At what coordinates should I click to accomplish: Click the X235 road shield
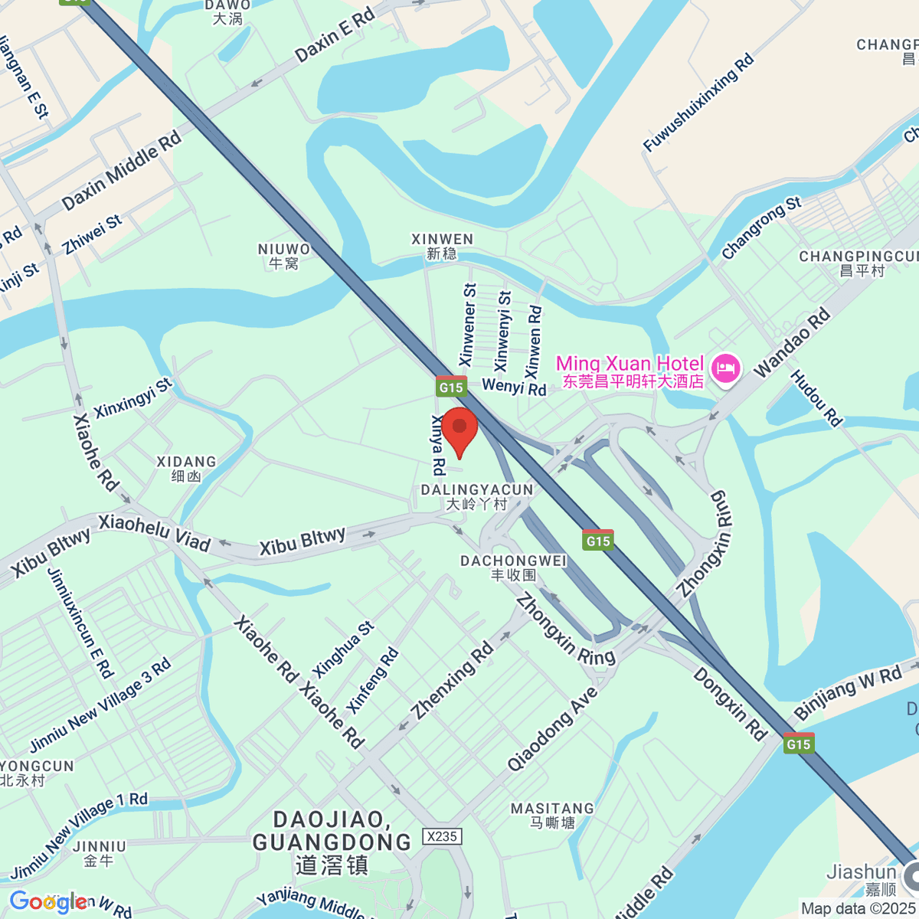442,836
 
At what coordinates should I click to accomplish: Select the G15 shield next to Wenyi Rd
451,386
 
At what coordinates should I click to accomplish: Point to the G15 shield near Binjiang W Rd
798,743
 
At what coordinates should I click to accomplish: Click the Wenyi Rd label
514,387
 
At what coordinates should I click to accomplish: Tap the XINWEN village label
442,246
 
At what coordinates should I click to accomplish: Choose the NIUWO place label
284,256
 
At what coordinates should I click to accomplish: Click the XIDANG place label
186,468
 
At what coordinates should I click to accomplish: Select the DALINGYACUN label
476,496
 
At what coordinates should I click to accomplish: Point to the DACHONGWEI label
513,567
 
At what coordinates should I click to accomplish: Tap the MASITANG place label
552,815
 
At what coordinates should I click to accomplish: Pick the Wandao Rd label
792,342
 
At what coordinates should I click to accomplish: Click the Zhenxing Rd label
452,682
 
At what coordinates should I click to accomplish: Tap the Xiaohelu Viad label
155,532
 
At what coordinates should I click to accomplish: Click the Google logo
47,902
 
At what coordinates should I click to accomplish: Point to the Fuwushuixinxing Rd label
698,103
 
